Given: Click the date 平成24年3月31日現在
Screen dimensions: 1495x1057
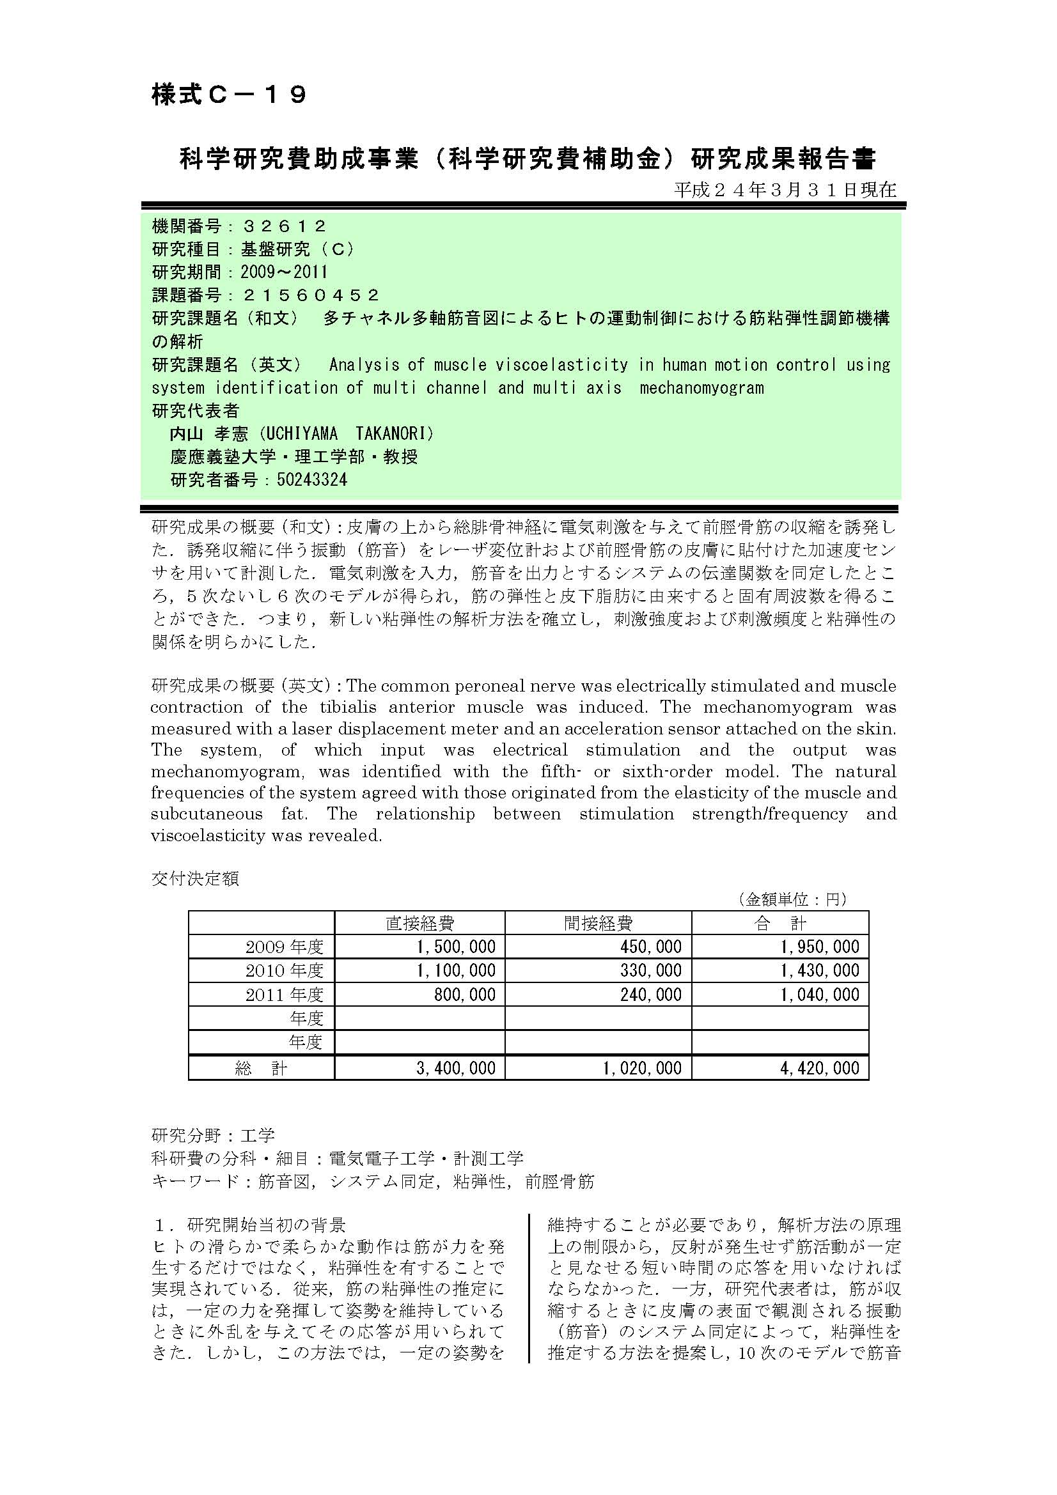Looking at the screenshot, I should click(x=785, y=190).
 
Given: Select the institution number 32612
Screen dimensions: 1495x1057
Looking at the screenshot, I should click(x=284, y=226).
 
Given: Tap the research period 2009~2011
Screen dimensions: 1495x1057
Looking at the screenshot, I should click(x=284, y=272).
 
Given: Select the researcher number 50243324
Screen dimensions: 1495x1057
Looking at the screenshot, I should click(x=312, y=480).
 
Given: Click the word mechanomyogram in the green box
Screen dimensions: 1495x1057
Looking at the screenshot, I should click(x=701, y=388).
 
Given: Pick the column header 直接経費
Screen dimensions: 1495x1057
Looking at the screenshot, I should click(x=419, y=923).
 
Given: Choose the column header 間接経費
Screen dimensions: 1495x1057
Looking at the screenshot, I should click(x=598, y=923).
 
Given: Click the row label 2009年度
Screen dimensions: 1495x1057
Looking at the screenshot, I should click(x=284, y=947).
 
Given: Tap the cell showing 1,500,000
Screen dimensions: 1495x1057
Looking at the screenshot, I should click(x=456, y=947).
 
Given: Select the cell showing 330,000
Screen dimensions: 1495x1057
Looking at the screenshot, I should click(x=650, y=971).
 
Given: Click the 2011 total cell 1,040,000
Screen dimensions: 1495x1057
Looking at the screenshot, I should click(x=820, y=995).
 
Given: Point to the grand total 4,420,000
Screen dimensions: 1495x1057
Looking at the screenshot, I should click(x=820, y=1068).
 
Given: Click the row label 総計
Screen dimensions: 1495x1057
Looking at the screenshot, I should click(x=261, y=1068).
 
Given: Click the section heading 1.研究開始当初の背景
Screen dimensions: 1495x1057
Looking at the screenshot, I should click(x=248, y=1225).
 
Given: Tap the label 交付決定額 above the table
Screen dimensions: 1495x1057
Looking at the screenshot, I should click(x=195, y=878).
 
